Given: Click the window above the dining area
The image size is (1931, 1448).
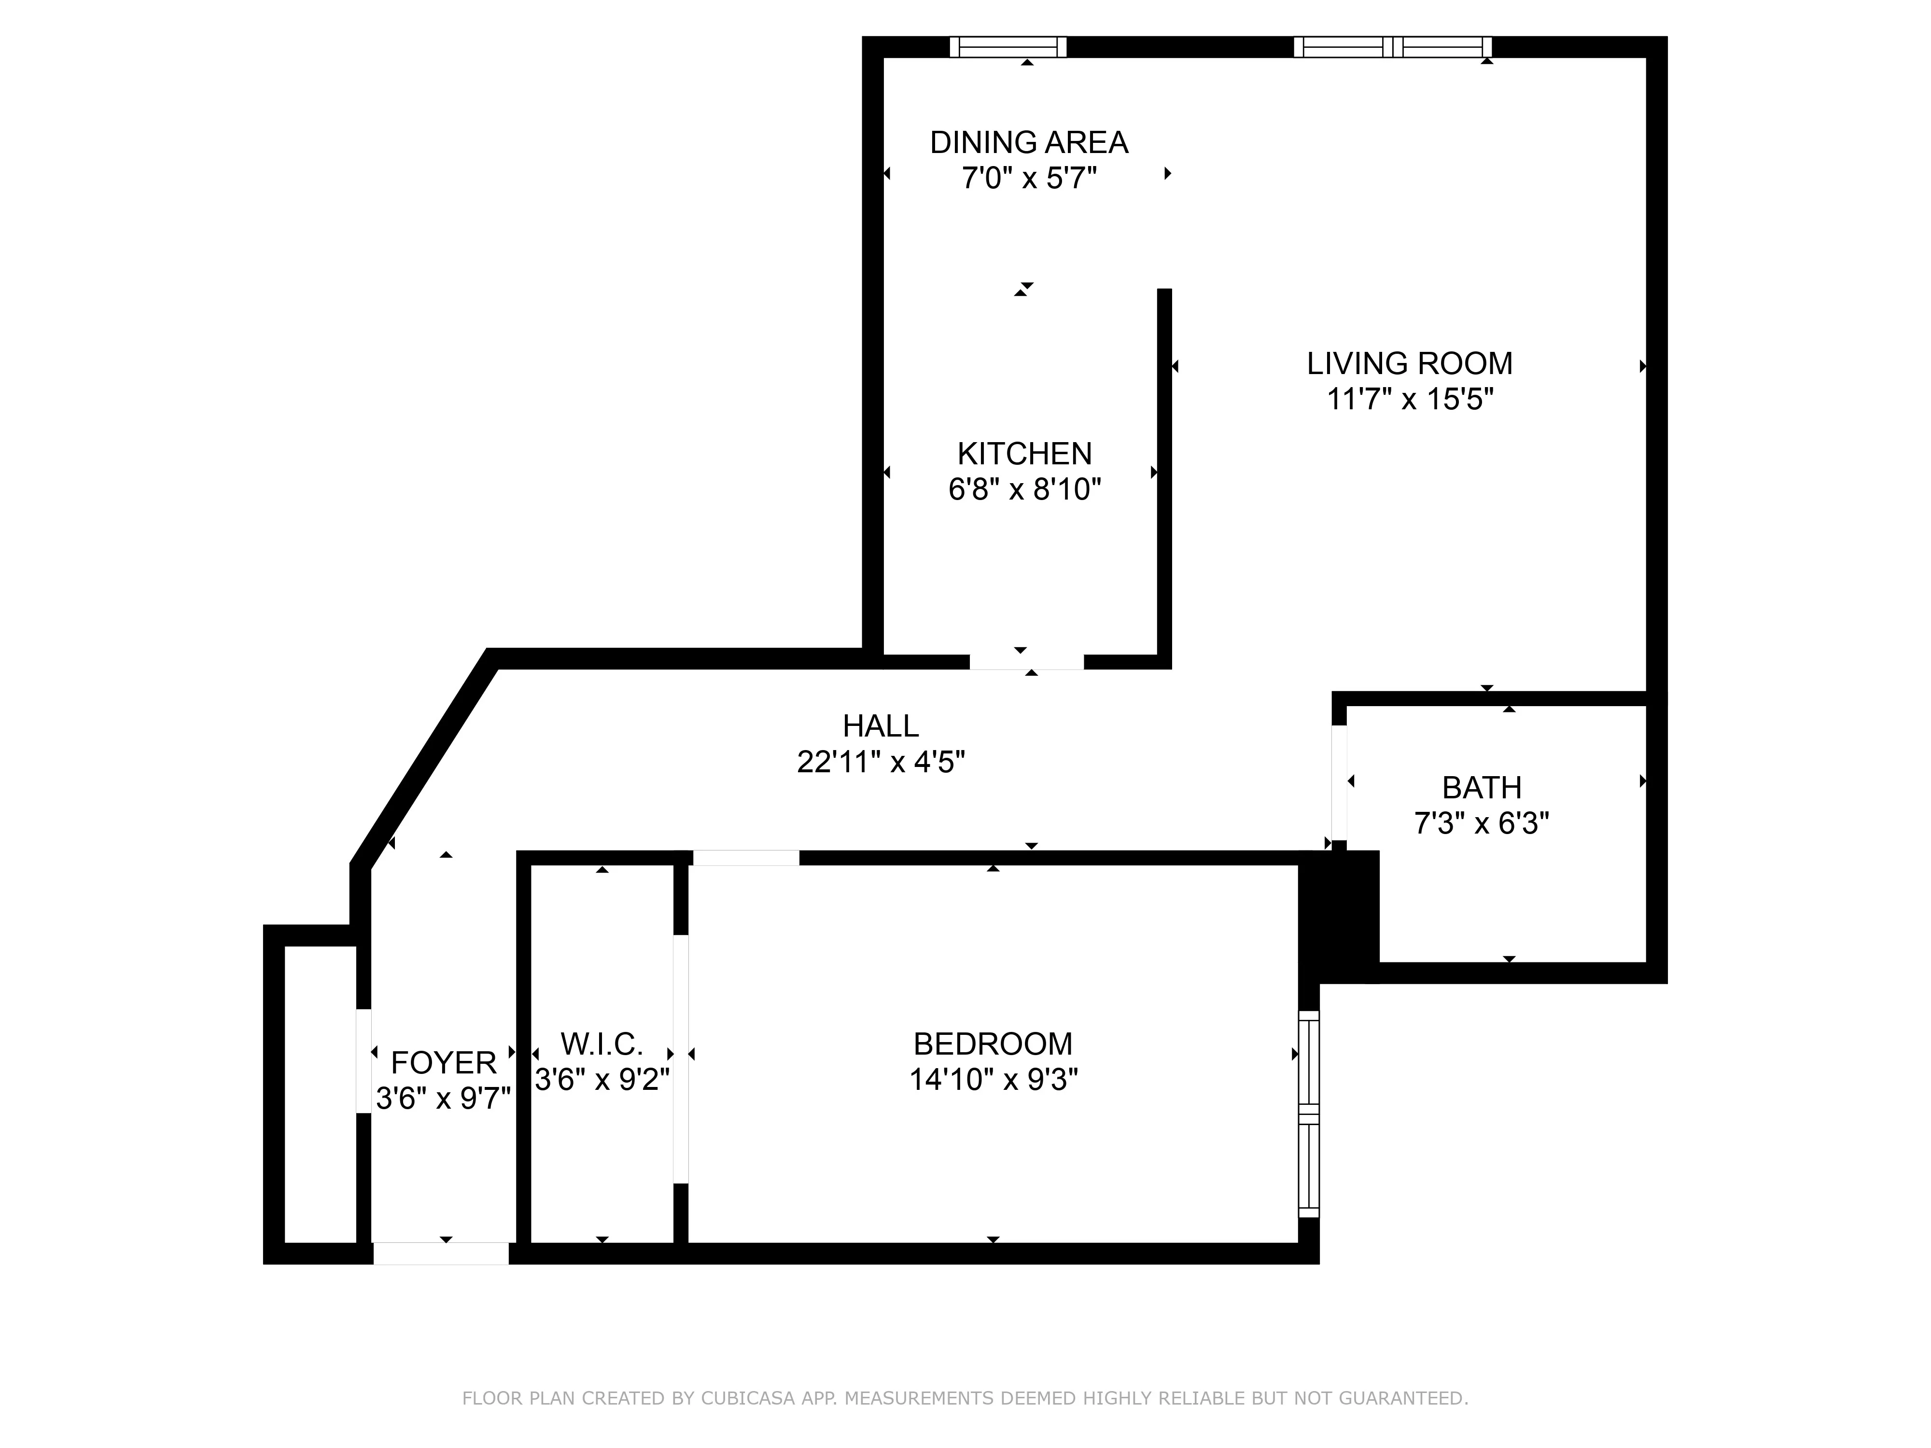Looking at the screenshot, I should point(1008,47).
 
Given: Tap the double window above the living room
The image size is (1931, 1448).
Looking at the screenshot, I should point(1392,47).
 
